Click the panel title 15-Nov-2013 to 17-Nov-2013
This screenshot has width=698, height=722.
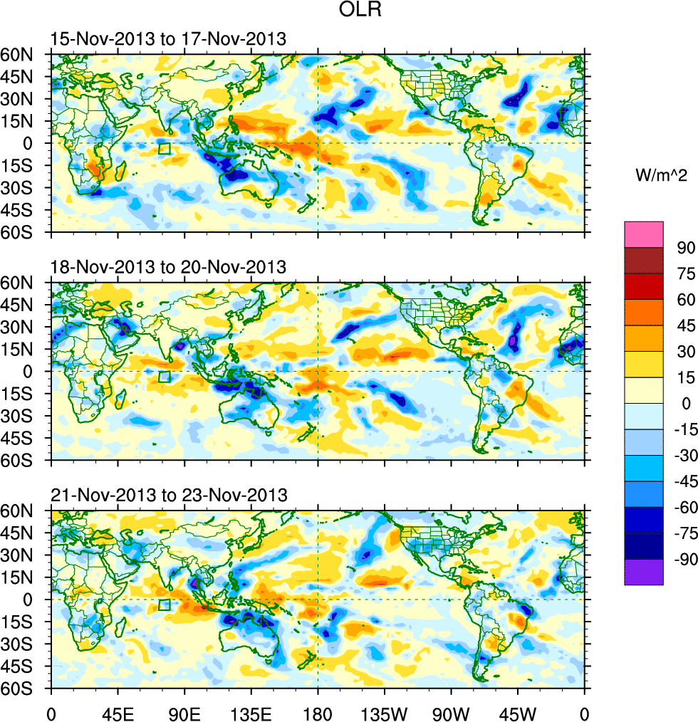point(168,39)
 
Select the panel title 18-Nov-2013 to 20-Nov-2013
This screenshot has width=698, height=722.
point(168,268)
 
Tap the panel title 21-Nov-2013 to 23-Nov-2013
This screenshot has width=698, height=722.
point(168,496)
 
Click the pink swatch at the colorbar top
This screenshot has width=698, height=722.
point(643,234)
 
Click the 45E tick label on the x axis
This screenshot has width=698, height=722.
point(118,712)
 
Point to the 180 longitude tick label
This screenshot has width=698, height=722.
point(318,712)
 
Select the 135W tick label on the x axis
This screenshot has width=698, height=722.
point(385,712)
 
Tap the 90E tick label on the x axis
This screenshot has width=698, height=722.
point(184,712)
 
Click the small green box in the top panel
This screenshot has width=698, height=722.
point(164,148)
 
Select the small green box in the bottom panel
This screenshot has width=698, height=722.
point(164,605)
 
